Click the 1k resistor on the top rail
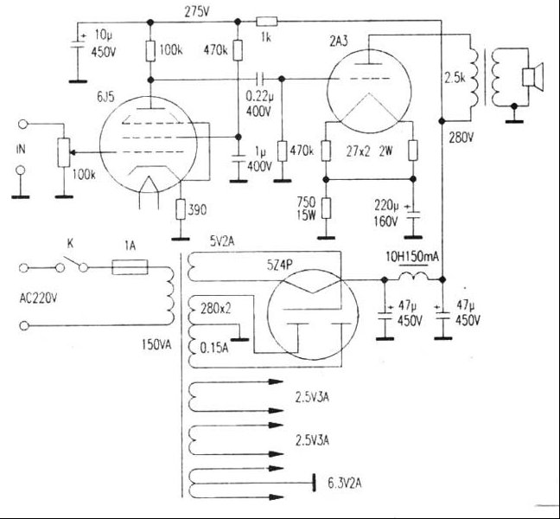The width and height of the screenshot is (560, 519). tap(266, 22)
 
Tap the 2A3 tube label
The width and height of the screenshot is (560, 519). tap(338, 42)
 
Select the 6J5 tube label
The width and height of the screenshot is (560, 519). tap(105, 97)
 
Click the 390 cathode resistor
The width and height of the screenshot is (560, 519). tap(181, 209)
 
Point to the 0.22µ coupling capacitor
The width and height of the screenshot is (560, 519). tap(260, 79)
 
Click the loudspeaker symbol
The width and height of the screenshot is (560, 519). tap(533, 77)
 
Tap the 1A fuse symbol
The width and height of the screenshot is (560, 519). tap(130, 267)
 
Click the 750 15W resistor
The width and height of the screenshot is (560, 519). tap(326, 208)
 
